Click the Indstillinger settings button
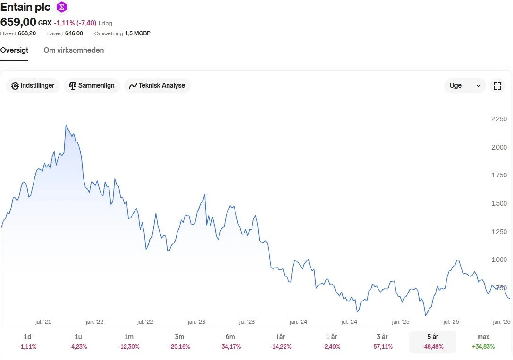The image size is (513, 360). click(33, 86)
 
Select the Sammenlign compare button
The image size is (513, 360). click(92, 86)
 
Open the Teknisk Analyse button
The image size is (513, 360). click(157, 86)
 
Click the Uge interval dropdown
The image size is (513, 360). click(464, 86)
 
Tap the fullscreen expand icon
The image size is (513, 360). click(497, 86)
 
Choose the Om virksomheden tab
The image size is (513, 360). click(74, 50)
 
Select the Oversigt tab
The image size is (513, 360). click(14, 50)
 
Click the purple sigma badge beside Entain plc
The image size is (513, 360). click(61, 7)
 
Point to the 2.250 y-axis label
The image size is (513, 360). click(499, 119)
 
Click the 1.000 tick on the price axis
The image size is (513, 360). click(499, 260)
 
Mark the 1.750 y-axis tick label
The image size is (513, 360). click(499, 176)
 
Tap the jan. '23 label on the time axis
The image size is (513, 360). click(196, 322)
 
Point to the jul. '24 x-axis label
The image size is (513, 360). click(350, 322)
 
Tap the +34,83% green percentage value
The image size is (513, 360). click(483, 347)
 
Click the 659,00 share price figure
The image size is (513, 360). click(18, 22)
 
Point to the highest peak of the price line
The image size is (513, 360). click(66, 125)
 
